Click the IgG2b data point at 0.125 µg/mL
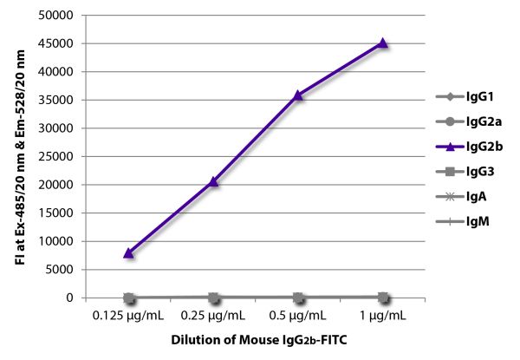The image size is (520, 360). (x=129, y=252)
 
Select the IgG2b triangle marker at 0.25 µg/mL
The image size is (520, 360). (x=213, y=181)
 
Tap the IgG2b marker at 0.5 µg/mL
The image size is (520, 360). (x=298, y=95)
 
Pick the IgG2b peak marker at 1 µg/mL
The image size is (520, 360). (x=383, y=43)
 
